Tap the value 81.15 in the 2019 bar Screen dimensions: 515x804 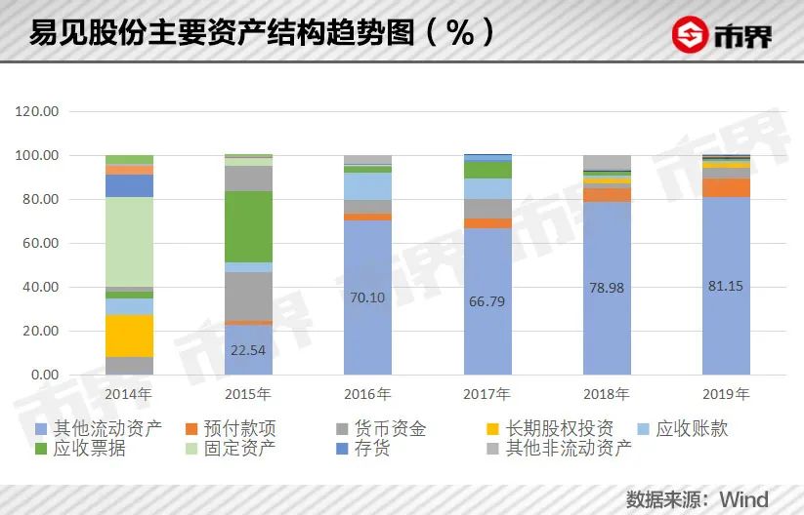[726, 286]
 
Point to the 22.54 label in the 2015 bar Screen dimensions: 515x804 [248, 348]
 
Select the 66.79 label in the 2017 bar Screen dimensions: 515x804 [487, 301]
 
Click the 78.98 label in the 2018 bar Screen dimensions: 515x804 [607, 287]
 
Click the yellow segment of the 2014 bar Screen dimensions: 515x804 [130, 336]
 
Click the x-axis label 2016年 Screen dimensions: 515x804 [367, 395]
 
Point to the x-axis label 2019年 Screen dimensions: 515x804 [726, 395]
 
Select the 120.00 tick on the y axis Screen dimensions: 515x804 [38, 112]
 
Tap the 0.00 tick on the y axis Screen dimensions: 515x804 [45, 376]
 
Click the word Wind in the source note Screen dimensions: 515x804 [744, 498]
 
